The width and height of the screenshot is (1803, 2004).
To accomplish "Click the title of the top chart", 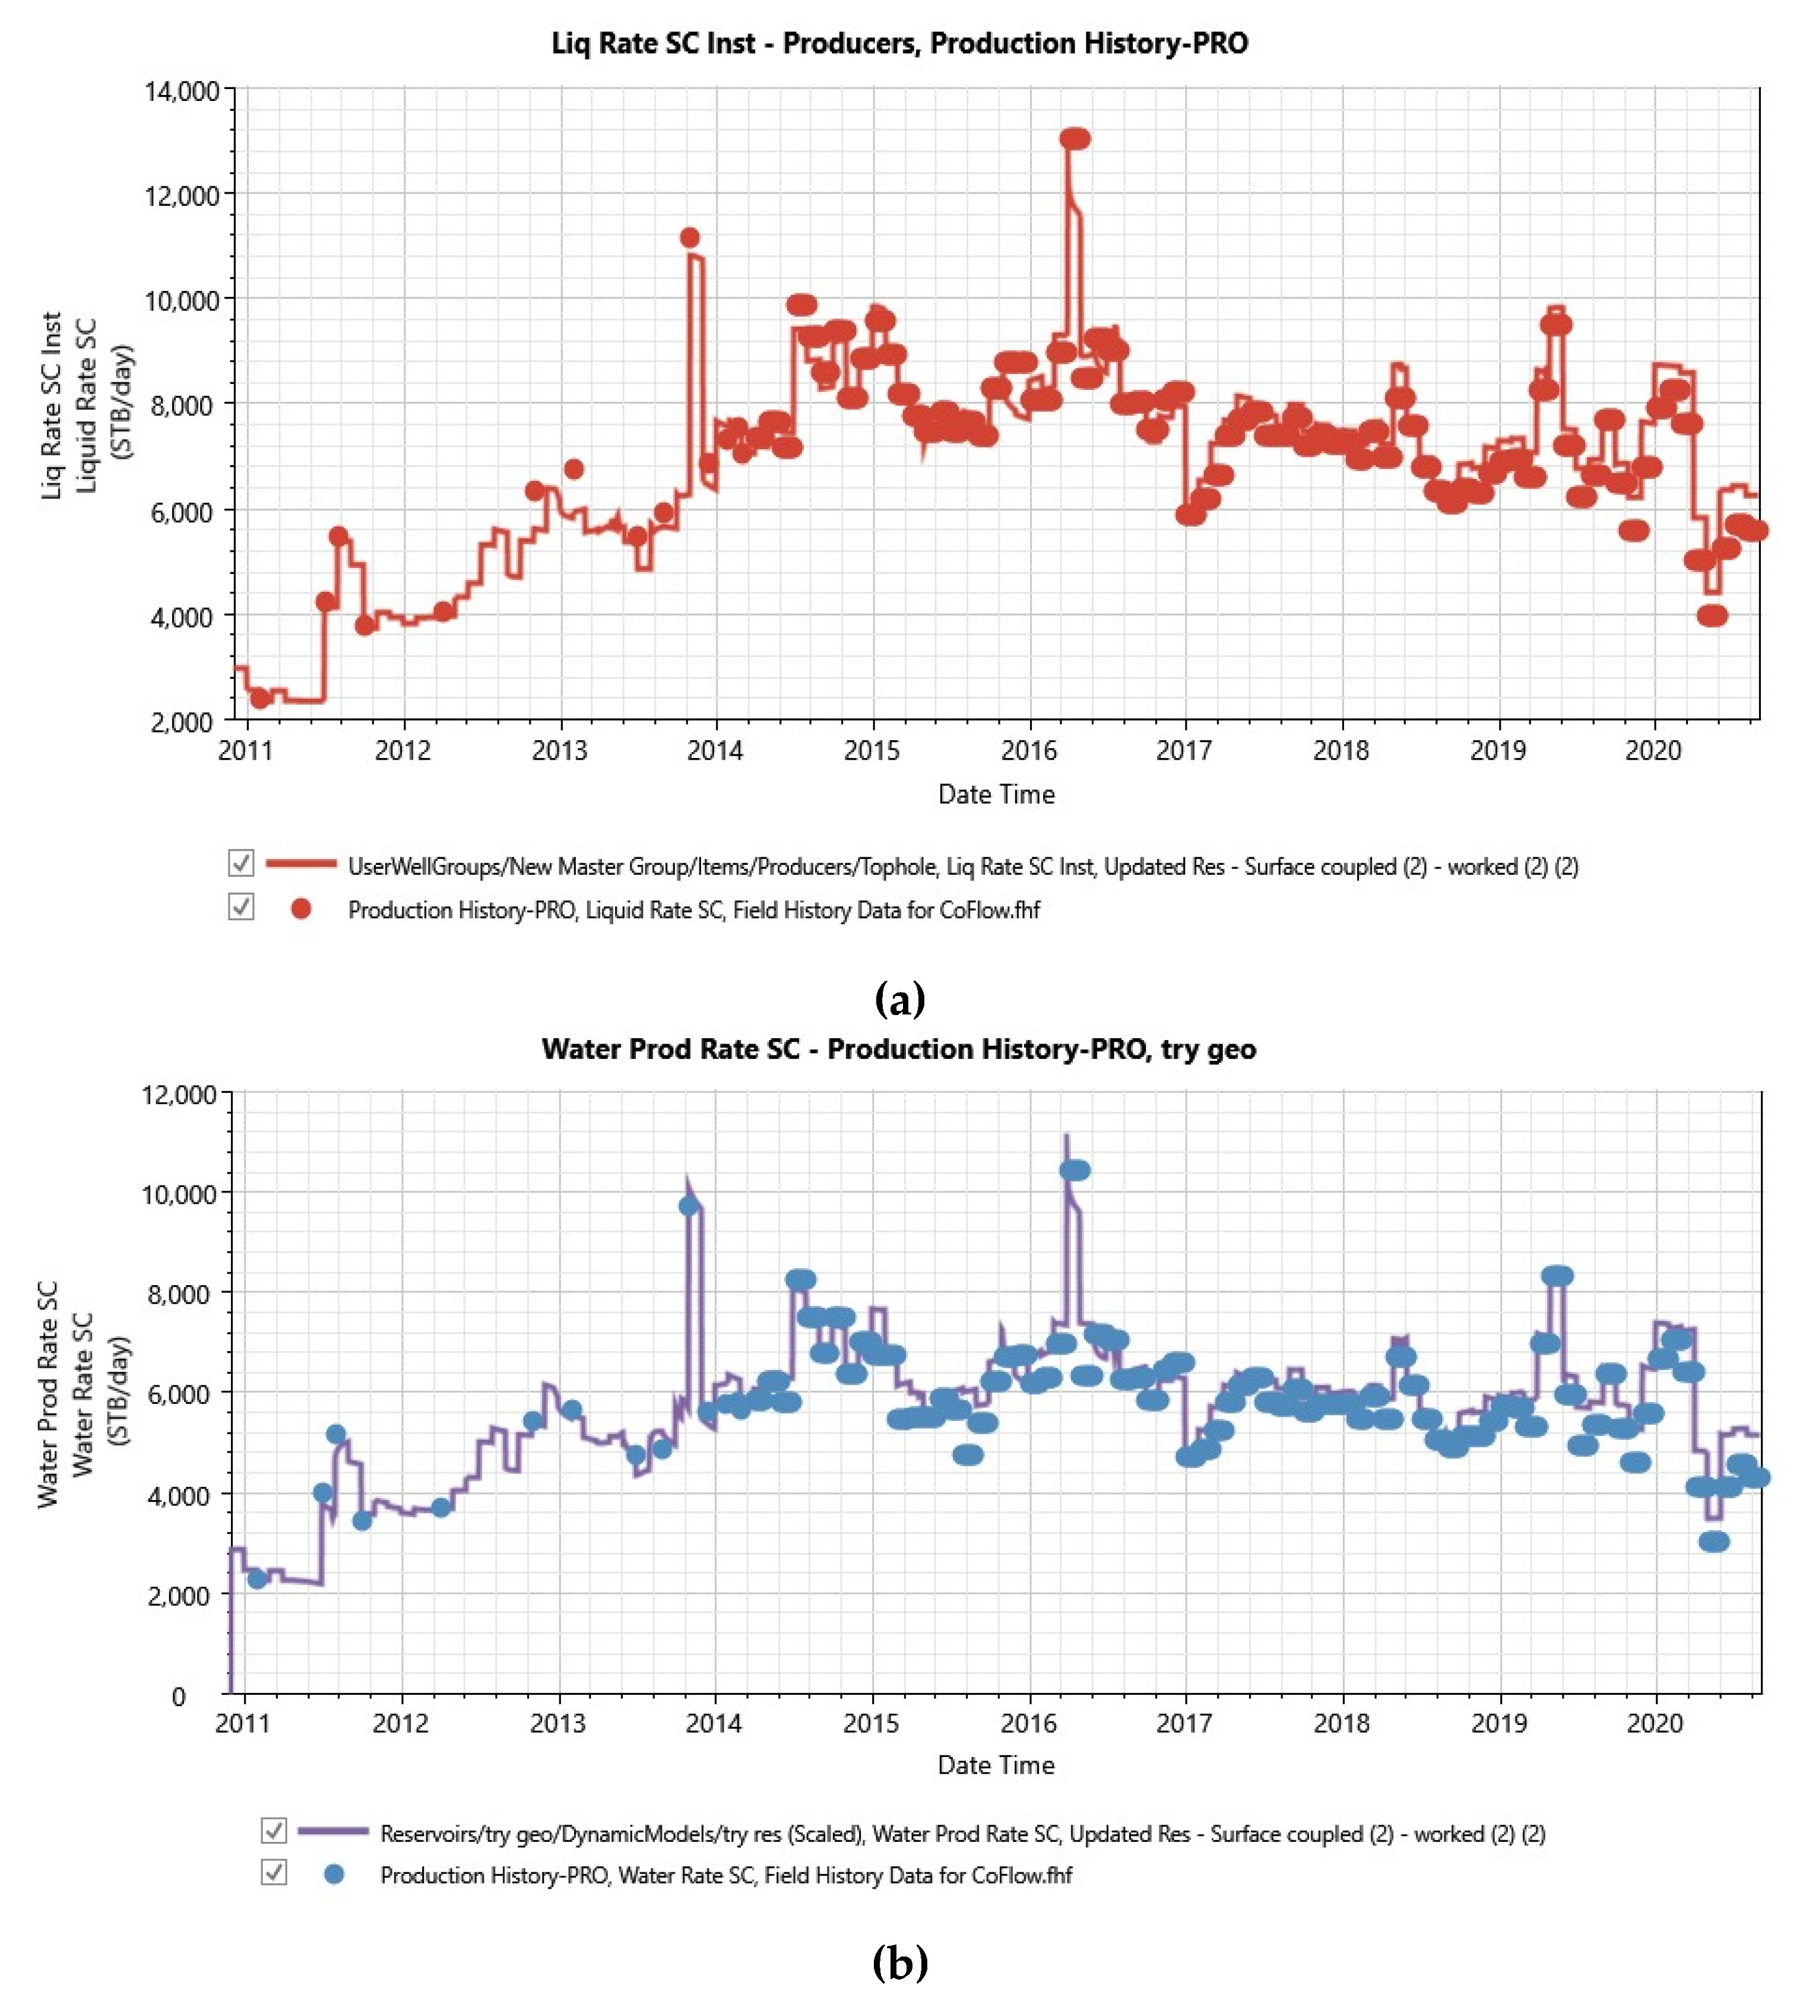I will [899, 43].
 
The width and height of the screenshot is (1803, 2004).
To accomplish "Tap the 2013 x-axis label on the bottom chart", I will [557, 1724].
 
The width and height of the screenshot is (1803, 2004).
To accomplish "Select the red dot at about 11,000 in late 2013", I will [689, 238].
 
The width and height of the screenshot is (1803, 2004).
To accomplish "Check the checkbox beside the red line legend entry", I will [240, 863].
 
